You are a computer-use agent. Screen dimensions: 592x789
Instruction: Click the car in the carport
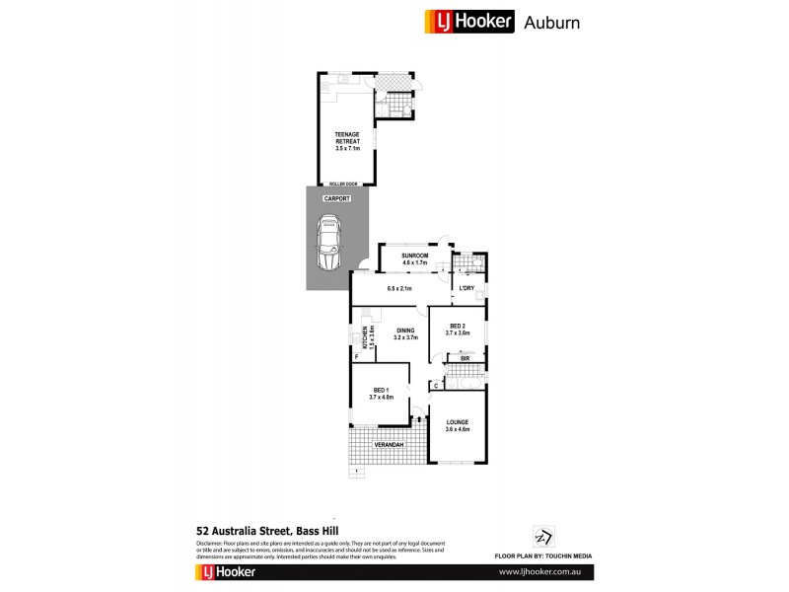pyautogui.click(x=329, y=246)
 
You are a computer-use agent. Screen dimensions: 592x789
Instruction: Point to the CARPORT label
pyautogui.click(x=337, y=198)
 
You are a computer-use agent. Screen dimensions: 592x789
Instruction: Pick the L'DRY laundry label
pyautogui.click(x=467, y=288)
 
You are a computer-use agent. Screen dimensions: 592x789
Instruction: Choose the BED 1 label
pyautogui.click(x=381, y=391)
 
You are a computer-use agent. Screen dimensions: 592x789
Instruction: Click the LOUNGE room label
pyautogui.click(x=457, y=423)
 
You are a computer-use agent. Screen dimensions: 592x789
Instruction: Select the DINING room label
pyautogui.click(x=406, y=332)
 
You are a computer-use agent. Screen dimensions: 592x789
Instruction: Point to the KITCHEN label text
pyautogui.click(x=364, y=337)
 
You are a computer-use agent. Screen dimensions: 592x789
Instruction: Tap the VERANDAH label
pyautogui.click(x=388, y=446)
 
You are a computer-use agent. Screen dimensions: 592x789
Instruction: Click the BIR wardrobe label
pyautogui.click(x=464, y=358)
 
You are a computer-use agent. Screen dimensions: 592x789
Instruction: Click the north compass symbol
pyautogui.click(x=540, y=534)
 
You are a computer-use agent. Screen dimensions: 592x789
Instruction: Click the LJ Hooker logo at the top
pyautogui.click(x=469, y=21)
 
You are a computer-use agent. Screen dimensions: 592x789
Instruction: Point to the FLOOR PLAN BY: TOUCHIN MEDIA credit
pyautogui.click(x=541, y=556)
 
